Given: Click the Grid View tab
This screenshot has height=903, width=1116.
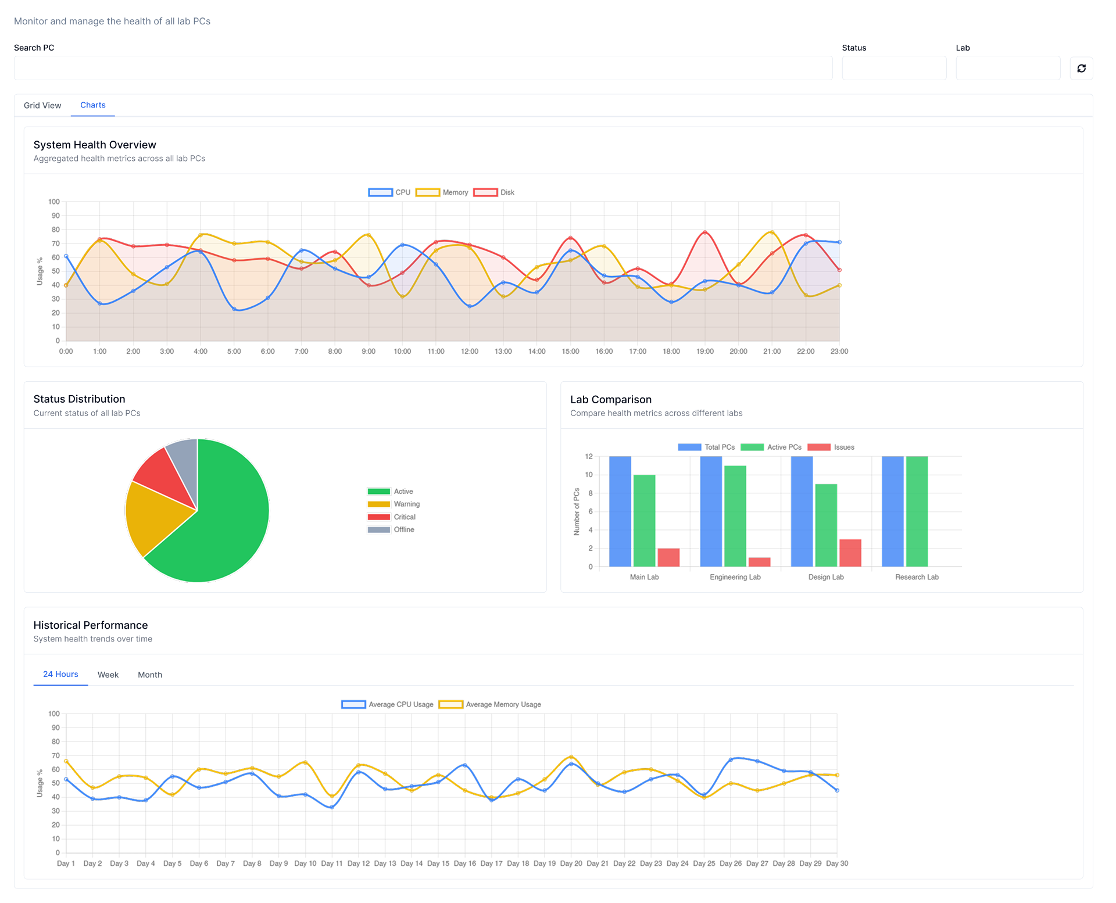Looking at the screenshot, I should point(42,105).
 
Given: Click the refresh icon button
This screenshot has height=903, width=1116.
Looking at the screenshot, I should point(1081,69).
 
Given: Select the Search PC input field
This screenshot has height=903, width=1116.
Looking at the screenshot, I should point(423,69).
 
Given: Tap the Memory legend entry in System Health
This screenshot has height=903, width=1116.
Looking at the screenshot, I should point(442,192).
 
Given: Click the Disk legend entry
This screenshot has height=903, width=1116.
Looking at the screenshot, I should point(494,192).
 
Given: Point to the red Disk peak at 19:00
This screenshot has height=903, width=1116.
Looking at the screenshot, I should point(705,232).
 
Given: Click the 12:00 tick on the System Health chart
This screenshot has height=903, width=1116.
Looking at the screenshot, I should point(470,352).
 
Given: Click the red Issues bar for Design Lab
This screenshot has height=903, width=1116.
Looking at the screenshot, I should point(850,553).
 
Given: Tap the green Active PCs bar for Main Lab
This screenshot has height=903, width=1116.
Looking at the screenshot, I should point(644,521).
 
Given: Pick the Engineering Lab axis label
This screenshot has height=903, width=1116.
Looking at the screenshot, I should point(735,577).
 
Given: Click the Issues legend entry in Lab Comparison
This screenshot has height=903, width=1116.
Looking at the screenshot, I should point(831,447).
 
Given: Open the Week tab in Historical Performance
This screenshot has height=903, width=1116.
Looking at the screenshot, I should point(108,675).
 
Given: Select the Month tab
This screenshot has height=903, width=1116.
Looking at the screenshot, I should point(150,675).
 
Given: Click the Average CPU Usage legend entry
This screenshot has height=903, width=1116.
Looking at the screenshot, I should point(388,704).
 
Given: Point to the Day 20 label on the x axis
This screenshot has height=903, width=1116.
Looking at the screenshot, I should point(571,863).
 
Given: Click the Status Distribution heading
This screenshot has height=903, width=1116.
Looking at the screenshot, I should point(80,399).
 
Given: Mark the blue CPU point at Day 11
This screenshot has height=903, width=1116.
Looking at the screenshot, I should point(332,807).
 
